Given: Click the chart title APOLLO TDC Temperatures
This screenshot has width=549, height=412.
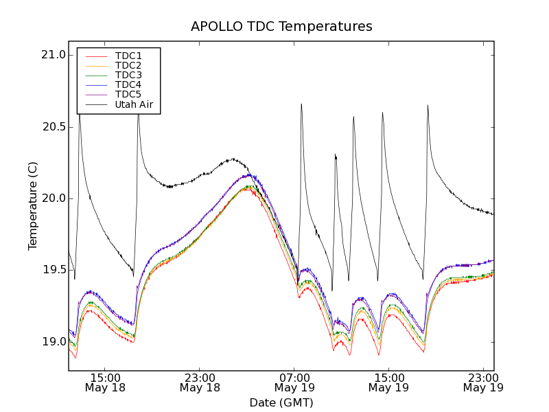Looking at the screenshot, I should click(281, 27).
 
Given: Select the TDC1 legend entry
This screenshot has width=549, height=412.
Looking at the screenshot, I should click(128, 56).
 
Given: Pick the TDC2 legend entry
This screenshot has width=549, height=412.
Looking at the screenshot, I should click(128, 65).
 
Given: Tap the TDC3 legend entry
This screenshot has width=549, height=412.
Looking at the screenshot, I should click(128, 75).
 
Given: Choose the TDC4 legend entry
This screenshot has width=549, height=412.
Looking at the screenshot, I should click(128, 84).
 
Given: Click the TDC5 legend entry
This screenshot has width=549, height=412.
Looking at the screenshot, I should click(128, 94).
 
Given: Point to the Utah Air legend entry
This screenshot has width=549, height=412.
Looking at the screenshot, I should click(134, 104).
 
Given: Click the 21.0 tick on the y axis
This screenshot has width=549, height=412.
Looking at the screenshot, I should click(52, 55).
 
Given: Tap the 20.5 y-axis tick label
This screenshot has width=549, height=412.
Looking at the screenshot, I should click(52, 127).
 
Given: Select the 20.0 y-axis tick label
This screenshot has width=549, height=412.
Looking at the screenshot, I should click(52, 198).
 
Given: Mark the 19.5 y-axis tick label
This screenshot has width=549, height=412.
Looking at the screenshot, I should click(52, 270).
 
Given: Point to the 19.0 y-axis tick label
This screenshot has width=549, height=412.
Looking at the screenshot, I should click(52, 341).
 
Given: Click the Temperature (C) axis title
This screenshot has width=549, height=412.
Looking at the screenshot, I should click(33, 206).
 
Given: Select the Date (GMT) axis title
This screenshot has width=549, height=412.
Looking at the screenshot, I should click(281, 402).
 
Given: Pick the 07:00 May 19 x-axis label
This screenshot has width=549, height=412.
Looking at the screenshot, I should click(294, 382).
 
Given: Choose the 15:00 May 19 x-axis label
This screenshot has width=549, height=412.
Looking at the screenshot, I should click(389, 382).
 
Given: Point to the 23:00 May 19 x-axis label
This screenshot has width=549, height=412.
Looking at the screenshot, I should click(483, 382).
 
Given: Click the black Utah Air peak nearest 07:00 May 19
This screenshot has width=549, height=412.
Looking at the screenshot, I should click(301, 104).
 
